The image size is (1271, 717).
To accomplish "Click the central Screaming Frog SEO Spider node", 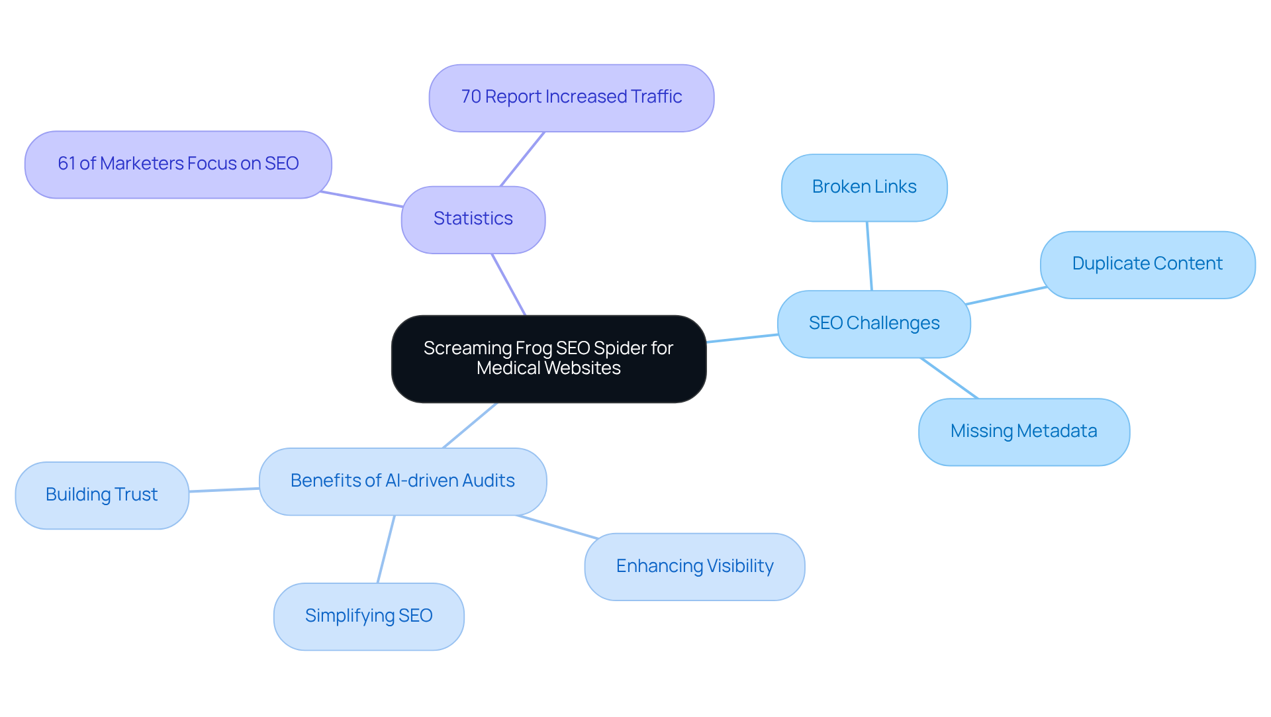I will coord(549,358).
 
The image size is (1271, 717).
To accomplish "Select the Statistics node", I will coord(473,219).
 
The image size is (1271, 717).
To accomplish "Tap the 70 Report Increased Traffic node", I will coord(571,97).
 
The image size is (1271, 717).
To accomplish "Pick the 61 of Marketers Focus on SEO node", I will coord(178,164).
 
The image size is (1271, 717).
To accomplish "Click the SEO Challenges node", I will coord(874,324).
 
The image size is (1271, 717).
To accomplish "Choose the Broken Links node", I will coord(864,187).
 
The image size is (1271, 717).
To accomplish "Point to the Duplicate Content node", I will coord(1147,264).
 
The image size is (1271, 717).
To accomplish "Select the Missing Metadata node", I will coord(1023,432).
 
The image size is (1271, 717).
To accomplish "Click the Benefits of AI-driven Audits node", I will coord(402,481).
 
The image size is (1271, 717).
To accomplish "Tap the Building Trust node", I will coord(102,495).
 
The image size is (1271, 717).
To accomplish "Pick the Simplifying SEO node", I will coord(369,616).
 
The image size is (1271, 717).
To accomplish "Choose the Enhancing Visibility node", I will coord(694,567).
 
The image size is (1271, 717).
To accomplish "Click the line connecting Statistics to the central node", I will coord(508,284).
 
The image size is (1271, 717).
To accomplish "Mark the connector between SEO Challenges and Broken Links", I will coord(869,256).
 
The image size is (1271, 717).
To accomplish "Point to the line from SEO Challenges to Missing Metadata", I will coord(949,378).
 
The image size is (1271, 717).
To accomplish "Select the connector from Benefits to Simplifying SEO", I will coord(386,549).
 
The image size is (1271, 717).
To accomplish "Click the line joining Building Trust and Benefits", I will coord(224,490).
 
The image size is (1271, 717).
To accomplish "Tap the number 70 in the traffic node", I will coord(471,97).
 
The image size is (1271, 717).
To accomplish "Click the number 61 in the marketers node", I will coord(66,164).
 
